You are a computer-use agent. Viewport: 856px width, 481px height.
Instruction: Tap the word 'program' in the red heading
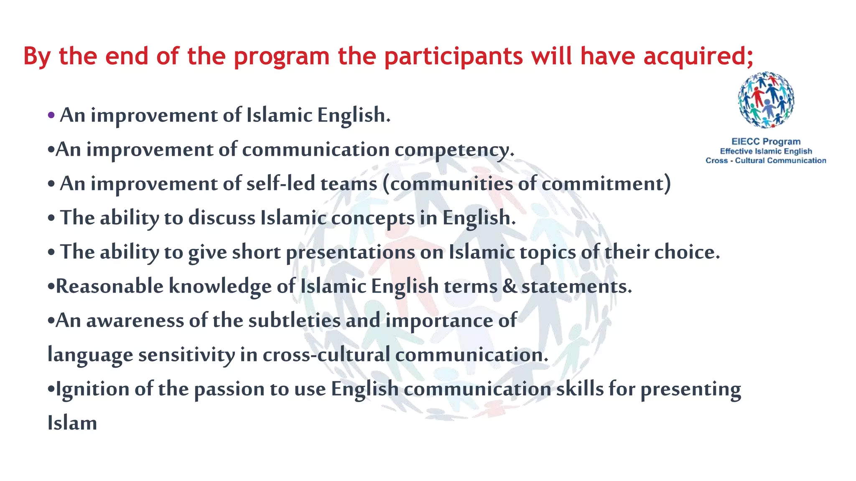[282, 57]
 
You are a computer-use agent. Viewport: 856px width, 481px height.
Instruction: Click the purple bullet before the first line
[51, 115]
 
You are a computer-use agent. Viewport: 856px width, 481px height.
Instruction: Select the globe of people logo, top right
[766, 100]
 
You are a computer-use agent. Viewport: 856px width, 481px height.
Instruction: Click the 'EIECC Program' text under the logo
[766, 142]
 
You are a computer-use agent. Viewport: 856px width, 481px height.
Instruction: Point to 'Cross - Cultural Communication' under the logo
[766, 161]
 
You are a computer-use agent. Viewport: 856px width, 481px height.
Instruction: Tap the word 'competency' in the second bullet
[453, 150]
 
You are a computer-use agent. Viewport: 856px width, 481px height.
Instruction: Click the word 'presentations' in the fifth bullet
[350, 252]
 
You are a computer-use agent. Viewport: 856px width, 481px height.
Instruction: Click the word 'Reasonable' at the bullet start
[110, 286]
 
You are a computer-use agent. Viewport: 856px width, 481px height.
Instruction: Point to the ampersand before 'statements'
[510, 286]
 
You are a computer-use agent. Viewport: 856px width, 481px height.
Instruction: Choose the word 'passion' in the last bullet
[229, 389]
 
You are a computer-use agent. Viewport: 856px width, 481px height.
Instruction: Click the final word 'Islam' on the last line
[72, 423]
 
